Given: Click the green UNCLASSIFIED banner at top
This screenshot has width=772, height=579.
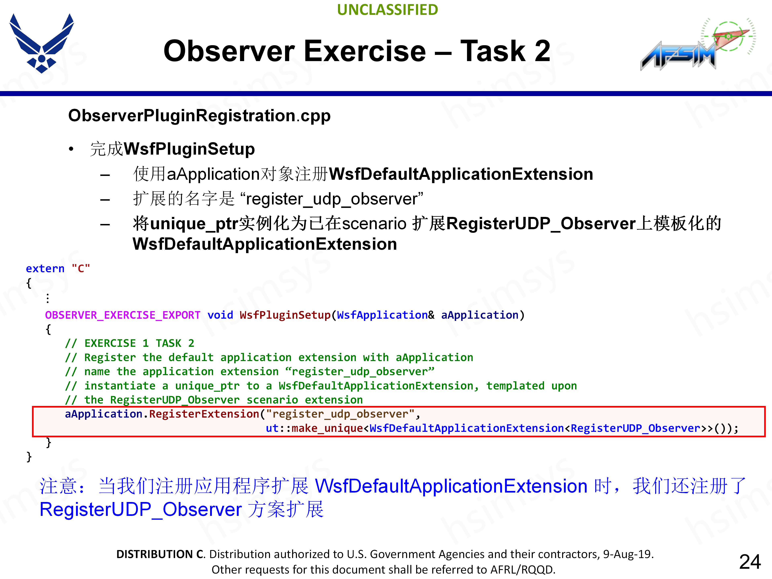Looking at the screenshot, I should [x=387, y=10].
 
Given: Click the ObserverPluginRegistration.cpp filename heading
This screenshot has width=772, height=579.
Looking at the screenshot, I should [x=199, y=116].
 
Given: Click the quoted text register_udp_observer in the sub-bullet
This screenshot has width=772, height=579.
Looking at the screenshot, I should [x=334, y=199].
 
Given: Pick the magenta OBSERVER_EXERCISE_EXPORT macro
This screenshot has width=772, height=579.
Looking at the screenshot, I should [x=122, y=315].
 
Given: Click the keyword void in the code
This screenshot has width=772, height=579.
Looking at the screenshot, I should [x=220, y=315].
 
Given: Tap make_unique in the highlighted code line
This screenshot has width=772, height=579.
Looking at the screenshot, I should [x=327, y=428].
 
